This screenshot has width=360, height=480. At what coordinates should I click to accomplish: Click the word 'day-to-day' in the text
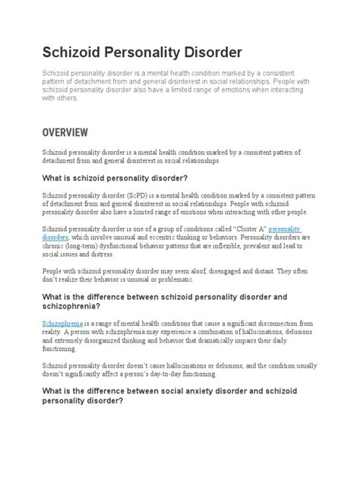point(181,374)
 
